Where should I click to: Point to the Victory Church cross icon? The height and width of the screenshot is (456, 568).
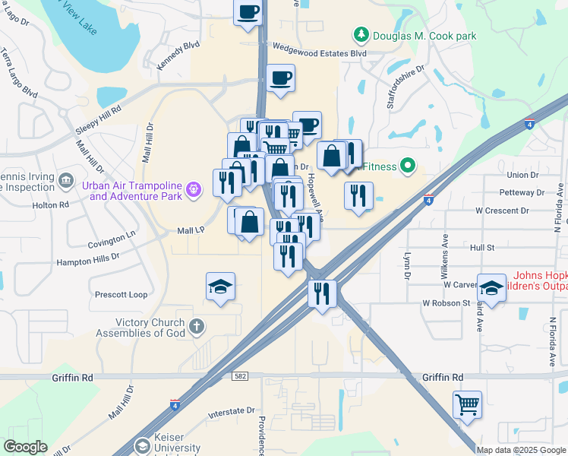click(197, 328)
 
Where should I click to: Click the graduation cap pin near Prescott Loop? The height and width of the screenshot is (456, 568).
click(221, 287)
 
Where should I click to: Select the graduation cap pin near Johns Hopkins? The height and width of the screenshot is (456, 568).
click(491, 289)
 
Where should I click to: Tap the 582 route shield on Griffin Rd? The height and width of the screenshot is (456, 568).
click(241, 376)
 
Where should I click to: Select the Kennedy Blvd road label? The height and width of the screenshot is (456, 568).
click(178, 56)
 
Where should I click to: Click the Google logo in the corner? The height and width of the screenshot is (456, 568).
click(25, 447)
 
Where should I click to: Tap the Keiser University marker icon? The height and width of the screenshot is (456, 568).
click(141, 446)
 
